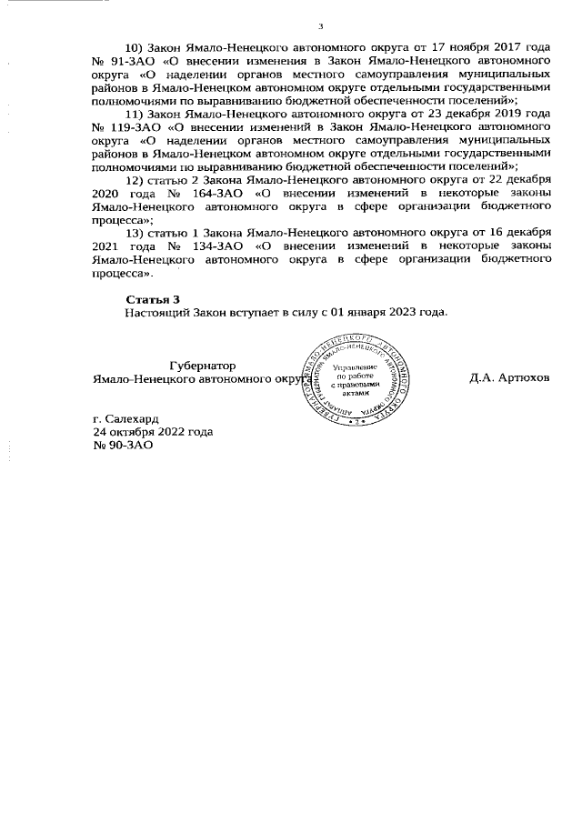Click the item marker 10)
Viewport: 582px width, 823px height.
[135, 45]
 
